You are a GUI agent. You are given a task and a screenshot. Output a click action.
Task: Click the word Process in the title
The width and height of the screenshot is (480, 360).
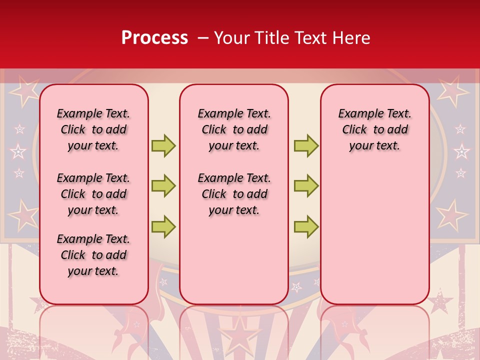click(x=154, y=37)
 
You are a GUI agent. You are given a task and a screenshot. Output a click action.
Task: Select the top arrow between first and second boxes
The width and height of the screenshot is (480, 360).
click(x=163, y=145)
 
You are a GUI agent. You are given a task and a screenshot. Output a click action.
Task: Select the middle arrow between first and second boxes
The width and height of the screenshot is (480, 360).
click(x=163, y=186)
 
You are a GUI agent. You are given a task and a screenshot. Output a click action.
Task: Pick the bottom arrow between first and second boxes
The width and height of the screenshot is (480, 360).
click(x=163, y=226)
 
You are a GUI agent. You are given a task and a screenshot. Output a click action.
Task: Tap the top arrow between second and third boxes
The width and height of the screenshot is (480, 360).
click(x=306, y=145)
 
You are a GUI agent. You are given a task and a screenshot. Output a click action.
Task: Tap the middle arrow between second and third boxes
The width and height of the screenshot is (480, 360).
click(x=306, y=186)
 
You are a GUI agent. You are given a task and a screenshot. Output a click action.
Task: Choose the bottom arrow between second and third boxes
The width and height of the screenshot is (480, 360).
click(x=306, y=226)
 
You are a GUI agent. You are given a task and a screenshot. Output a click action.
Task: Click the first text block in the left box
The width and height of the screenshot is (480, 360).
click(x=93, y=129)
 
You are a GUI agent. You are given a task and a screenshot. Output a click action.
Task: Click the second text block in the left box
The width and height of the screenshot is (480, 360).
click(x=93, y=194)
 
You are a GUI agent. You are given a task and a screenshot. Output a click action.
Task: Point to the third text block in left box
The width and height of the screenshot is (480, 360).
click(x=93, y=255)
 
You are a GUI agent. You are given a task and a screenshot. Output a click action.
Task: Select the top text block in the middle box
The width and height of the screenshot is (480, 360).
click(x=234, y=129)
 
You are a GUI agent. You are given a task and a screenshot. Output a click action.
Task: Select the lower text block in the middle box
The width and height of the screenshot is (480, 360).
click(x=234, y=194)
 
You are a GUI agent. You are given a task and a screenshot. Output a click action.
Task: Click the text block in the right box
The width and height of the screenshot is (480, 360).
click(x=375, y=129)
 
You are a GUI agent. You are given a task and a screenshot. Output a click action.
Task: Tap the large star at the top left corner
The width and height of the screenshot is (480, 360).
click(x=23, y=90)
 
